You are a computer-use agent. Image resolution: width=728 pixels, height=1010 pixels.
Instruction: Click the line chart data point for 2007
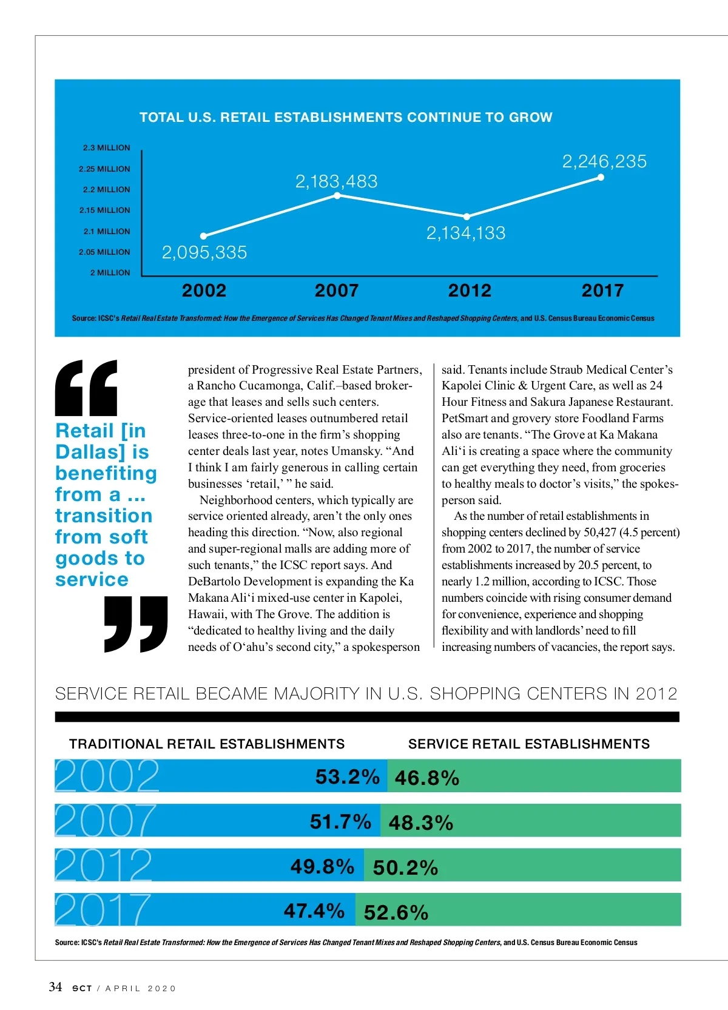(x=337, y=195)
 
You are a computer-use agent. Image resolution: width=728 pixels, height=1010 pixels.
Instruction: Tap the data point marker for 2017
(x=601, y=178)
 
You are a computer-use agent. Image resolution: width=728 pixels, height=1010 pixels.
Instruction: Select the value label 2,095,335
(x=204, y=252)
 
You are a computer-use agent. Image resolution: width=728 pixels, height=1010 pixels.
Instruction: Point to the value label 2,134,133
(x=466, y=233)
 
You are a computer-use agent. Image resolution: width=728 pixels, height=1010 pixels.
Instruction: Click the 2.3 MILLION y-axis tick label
(x=107, y=148)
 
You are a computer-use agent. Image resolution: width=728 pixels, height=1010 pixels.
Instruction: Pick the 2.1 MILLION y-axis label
(x=107, y=231)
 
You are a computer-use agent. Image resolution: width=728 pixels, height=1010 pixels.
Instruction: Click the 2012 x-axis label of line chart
(x=470, y=291)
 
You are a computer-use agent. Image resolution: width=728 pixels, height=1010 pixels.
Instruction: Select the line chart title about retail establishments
(x=346, y=117)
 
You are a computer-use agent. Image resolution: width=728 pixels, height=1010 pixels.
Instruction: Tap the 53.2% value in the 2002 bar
(x=347, y=776)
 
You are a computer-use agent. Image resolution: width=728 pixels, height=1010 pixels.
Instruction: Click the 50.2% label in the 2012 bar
(x=405, y=867)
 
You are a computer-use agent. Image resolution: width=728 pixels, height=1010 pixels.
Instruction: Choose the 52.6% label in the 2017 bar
(x=396, y=912)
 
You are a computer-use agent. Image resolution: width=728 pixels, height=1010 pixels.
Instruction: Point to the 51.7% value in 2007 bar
(x=340, y=821)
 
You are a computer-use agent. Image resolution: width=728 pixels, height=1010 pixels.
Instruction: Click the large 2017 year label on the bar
(x=103, y=909)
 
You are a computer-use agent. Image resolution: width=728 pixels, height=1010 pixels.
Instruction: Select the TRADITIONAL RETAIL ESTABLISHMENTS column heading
(x=207, y=744)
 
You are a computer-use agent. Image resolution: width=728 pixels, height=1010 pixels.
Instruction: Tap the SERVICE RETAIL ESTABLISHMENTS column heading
(x=528, y=744)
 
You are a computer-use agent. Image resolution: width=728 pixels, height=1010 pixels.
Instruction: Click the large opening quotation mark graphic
(x=86, y=388)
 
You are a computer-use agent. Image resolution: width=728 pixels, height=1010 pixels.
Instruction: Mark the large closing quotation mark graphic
(x=136, y=624)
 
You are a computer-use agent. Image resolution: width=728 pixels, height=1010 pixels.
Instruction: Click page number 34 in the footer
(x=55, y=986)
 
